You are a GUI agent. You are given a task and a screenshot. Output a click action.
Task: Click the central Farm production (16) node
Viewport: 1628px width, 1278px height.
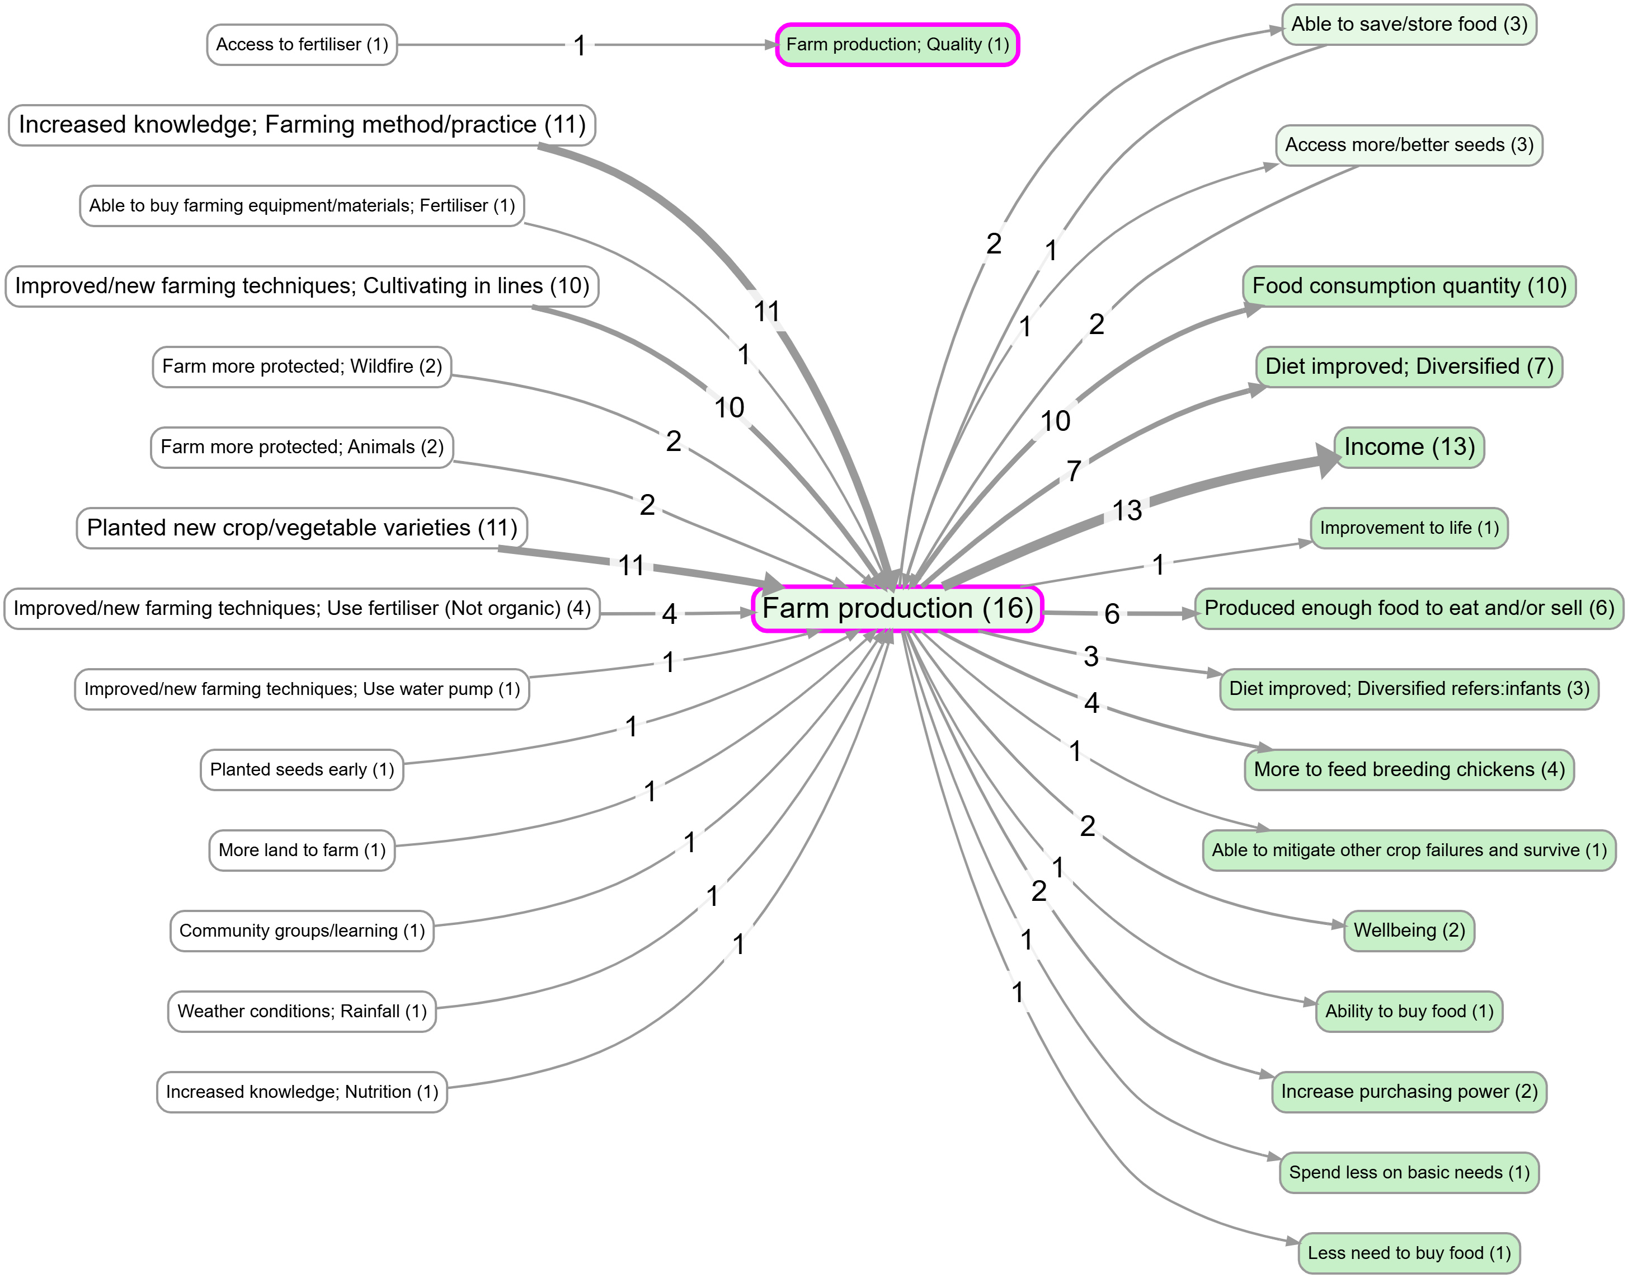(x=897, y=608)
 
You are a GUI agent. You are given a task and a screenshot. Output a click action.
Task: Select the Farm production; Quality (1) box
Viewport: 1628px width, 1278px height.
(x=897, y=45)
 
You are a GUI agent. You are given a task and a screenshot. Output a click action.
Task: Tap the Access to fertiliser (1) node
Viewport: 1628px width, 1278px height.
(x=302, y=45)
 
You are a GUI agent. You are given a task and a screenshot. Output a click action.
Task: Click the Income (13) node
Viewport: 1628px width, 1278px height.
(x=1409, y=448)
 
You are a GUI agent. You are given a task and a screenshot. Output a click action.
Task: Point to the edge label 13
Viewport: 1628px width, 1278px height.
(x=1127, y=511)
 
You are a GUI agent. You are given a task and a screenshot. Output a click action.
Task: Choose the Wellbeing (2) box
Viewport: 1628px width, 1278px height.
(x=1409, y=931)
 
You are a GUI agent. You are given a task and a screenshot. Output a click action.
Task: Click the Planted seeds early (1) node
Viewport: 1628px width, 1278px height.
(x=302, y=770)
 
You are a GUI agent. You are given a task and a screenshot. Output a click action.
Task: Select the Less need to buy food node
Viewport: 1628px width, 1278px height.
(x=1409, y=1253)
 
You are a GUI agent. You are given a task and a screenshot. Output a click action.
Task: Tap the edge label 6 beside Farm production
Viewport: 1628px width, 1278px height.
(x=1112, y=614)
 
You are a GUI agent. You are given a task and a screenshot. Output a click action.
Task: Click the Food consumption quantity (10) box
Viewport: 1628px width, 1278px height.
(x=1409, y=286)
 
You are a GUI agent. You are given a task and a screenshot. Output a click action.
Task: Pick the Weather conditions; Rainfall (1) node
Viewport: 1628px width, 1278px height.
(x=302, y=1012)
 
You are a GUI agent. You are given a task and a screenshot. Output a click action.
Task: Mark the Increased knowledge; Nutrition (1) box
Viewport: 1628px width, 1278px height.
(x=302, y=1092)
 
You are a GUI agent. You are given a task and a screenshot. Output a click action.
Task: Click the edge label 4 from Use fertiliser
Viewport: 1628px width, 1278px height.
(x=669, y=614)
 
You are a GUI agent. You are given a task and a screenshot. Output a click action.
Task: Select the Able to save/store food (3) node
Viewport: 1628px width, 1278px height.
(x=1409, y=25)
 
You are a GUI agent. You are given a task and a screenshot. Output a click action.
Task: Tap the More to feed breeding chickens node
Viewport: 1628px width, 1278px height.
(x=1409, y=770)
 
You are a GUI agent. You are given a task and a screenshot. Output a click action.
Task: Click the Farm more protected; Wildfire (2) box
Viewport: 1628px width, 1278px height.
(x=302, y=367)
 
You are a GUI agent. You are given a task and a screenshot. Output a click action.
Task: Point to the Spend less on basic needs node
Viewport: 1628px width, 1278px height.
(x=1409, y=1172)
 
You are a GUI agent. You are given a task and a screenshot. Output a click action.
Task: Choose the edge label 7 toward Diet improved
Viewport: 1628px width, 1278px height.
(x=1074, y=471)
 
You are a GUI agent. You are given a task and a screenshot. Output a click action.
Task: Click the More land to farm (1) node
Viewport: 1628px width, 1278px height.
(x=302, y=851)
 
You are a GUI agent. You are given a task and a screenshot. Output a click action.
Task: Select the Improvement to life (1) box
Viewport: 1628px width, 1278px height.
(x=1409, y=528)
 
